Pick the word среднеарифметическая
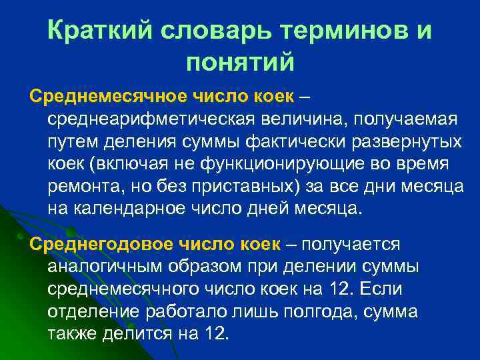coord(150,119)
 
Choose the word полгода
coord(319,311)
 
